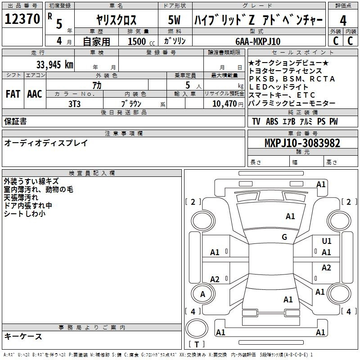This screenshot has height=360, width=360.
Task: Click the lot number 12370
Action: pyautogui.click(x=22, y=19)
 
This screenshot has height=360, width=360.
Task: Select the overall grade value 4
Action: pyautogui.click(x=343, y=21)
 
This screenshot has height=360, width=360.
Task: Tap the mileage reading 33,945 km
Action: pyautogui.click(x=54, y=65)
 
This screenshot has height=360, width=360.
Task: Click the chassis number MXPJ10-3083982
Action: pyautogui.click(x=302, y=143)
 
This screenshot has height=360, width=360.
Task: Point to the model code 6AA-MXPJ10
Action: pyautogui.click(x=258, y=41)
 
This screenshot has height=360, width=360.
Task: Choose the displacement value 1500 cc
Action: pyautogui.click(x=141, y=41)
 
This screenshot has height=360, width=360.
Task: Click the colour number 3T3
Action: pyautogui.click(x=74, y=104)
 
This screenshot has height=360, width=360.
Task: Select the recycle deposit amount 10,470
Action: pyautogui.click(x=225, y=104)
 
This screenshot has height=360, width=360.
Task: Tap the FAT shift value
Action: pyautogui.click(x=13, y=94)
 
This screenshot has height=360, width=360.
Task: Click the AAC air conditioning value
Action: pyautogui.click(x=35, y=94)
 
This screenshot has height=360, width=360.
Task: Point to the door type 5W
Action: pyautogui.click(x=174, y=20)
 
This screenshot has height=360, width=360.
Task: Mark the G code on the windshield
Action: pyautogui.click(x=284, y=237)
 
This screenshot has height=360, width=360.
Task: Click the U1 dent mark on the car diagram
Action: pyautogui.click(x=327, y=241)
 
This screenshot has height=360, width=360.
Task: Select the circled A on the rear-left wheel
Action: pyautogui.click(x=202, y=294)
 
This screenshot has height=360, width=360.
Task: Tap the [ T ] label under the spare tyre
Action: pyautogui.click(x=197, y=344)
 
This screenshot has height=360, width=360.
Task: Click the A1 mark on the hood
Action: pyautogui.click(x=290, y=216)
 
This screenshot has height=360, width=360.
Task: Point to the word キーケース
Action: pyautogui.click(x=23, y=337)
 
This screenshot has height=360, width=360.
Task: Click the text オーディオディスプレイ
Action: pyautogui.click(x=46, y=143)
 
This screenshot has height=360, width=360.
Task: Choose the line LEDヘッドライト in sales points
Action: pyautogui.click(x=278, y=87)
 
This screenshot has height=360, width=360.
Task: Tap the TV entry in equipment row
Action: pyautogui.click(x=256, y=121)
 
